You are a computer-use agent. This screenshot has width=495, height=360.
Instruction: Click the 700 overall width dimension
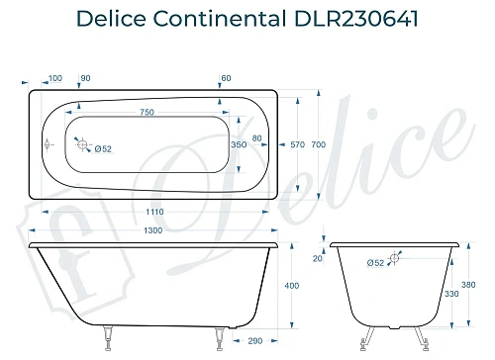(x=317, y=144)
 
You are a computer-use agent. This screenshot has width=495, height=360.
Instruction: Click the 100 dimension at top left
(x=54, y=78)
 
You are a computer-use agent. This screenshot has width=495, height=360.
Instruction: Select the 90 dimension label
(x=85, y=78)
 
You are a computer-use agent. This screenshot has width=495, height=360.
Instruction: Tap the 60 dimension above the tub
(x=227, y=78)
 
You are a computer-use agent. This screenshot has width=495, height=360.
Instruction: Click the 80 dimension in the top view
(x=257, y=136)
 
